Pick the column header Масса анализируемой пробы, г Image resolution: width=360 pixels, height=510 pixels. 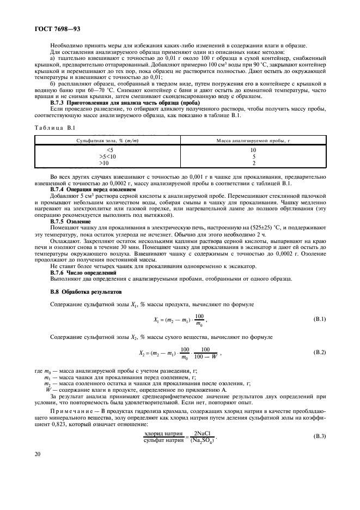pos(253,141)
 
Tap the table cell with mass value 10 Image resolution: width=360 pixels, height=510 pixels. pos(253,149)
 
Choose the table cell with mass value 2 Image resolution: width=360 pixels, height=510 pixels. pos(253,162)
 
